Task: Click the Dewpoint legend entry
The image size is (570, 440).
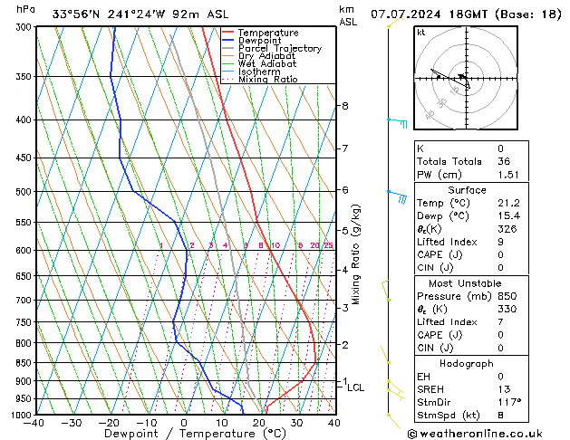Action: point(264,40)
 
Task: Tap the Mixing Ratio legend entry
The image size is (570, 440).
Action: point(268,80)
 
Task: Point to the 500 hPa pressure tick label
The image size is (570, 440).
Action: point(22,192)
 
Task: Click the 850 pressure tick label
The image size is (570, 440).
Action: point(22,362)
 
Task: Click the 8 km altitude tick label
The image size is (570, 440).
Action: point(345,106)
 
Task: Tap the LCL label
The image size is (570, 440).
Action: point(355,387)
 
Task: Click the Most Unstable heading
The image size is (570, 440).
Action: point(465,282)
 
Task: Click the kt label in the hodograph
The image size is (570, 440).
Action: point(421,32)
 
